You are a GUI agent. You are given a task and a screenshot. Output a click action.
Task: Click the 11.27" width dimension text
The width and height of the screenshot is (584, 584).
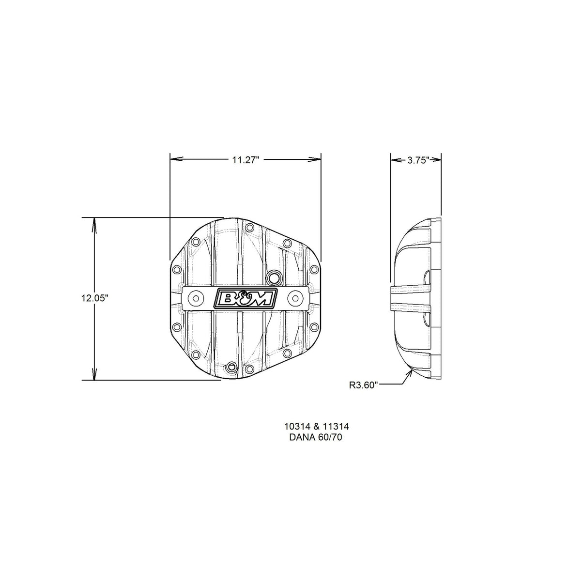click(246, 160)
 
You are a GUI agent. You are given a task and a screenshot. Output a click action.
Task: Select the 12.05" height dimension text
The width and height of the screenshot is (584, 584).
click(94, 298)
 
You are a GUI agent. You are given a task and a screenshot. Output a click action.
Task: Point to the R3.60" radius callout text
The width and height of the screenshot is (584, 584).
click(364, 385)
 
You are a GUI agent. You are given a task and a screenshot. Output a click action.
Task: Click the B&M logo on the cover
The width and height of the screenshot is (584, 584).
click(246, 299)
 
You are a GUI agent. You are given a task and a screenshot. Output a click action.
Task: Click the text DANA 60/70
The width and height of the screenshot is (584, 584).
click(316, 438)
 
